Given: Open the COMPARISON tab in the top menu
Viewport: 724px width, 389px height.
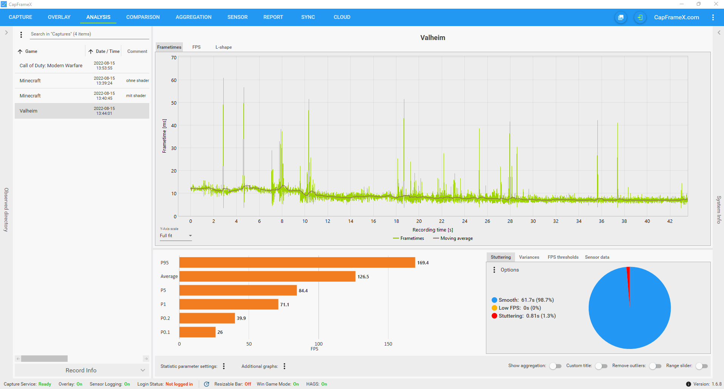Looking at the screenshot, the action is point(143,17).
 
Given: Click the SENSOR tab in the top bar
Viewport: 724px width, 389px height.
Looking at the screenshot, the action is point(237,17).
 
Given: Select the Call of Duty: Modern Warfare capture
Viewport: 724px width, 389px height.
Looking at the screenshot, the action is point(51,66).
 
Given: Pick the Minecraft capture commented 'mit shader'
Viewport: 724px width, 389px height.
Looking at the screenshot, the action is point(82,96).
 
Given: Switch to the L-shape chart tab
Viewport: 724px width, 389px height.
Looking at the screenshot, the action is point(224,47).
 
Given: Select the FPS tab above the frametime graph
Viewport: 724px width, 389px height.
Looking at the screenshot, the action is point(196,47).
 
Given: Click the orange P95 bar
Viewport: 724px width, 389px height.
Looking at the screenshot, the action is point(297,262).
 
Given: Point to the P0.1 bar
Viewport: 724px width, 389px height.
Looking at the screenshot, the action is point(197,332).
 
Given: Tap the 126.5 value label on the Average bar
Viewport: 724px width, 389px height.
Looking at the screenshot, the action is point(363,276).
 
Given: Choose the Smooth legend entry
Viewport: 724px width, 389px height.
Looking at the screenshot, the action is point(523,300).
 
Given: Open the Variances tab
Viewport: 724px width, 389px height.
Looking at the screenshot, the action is point(529,257).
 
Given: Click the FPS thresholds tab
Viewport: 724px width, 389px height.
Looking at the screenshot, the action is point(563,257).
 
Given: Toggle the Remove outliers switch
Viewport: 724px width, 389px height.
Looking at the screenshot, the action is point(655,366).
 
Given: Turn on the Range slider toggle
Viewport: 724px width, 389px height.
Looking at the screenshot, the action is point(702,366).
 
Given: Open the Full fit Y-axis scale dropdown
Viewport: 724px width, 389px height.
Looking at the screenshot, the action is point(176,236).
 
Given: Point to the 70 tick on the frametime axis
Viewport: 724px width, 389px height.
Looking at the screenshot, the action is point(174,58).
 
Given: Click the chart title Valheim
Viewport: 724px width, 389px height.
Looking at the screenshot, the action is point(433,38).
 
